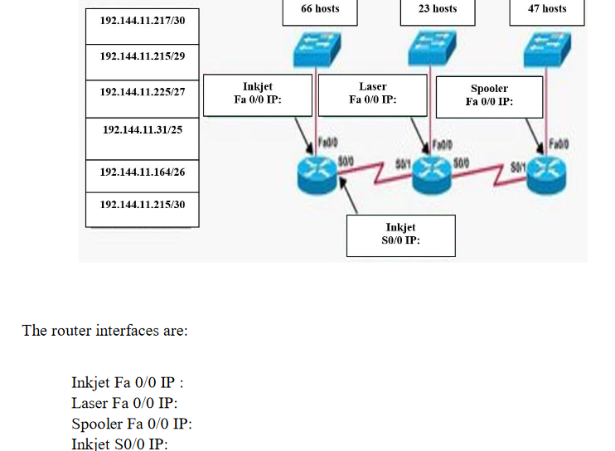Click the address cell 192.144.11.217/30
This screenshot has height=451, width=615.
tap(142, 26)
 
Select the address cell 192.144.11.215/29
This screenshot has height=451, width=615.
tap(142, 56)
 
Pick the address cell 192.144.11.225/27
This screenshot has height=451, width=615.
tap(142, 92)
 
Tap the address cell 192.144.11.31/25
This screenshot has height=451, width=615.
tap(142, 130)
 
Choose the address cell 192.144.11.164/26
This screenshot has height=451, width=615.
tap(142, 172)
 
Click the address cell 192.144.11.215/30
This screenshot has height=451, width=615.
tap(142, 204)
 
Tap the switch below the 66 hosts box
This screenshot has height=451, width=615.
tap(316, 51)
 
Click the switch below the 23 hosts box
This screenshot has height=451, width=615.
tap(432, 51)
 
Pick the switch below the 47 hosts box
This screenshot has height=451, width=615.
tap(546, 54)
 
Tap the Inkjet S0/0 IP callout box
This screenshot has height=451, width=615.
tap(400, 235)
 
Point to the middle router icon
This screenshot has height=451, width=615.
tap(432, 171)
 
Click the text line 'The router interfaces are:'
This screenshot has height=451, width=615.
tap(105, 331)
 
